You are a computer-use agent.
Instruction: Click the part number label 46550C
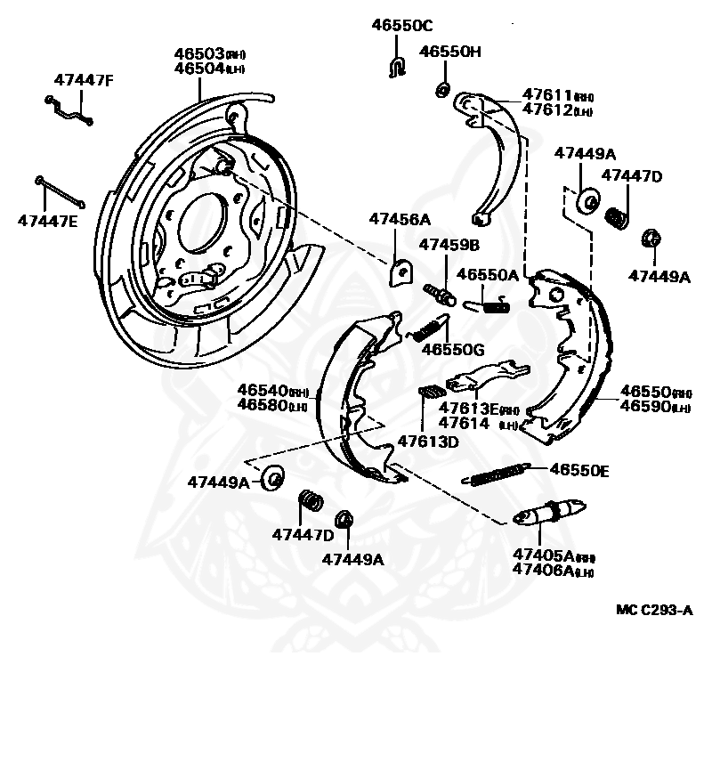pyautogui.click(x=401, y=25)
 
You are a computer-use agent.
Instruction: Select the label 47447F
pyautogui.click(x=84, y=80)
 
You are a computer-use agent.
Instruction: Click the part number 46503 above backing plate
pyautogui.click(x=200, y=54)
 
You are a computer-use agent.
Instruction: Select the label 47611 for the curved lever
pyautogui.click(x=546, y=95)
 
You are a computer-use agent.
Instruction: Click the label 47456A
pyautogui.click(x=400, y=219)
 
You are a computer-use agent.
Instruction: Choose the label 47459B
pyautogui.click(x=449, y=244)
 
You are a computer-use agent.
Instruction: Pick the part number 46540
pyautogui.click(x=262, y=390)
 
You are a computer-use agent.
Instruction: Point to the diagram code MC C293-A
pyautogui.click(x=654, y=610)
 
